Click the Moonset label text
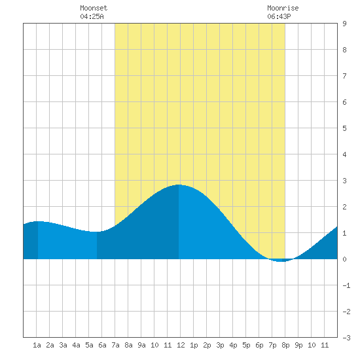click(94, 8)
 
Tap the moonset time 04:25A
click(92, 16)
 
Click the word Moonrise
click(283, 8)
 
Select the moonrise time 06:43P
click(279, 16)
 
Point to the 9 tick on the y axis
click(344, 24)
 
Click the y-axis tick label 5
click(344, 128)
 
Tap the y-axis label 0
click(344, 259)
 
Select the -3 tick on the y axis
click(346, 338)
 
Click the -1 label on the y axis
click(346, 285)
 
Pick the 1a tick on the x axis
click(37, 345)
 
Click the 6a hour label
click(102, 345)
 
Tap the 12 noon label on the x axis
click(181, 345)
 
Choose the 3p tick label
click(220, 345)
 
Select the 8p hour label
click(285, 345)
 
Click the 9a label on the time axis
click(141, 345)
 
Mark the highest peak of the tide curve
click(179, 185)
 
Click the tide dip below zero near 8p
click(281, 261)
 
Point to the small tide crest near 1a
click(38, 221)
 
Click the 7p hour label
click(272, 345)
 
